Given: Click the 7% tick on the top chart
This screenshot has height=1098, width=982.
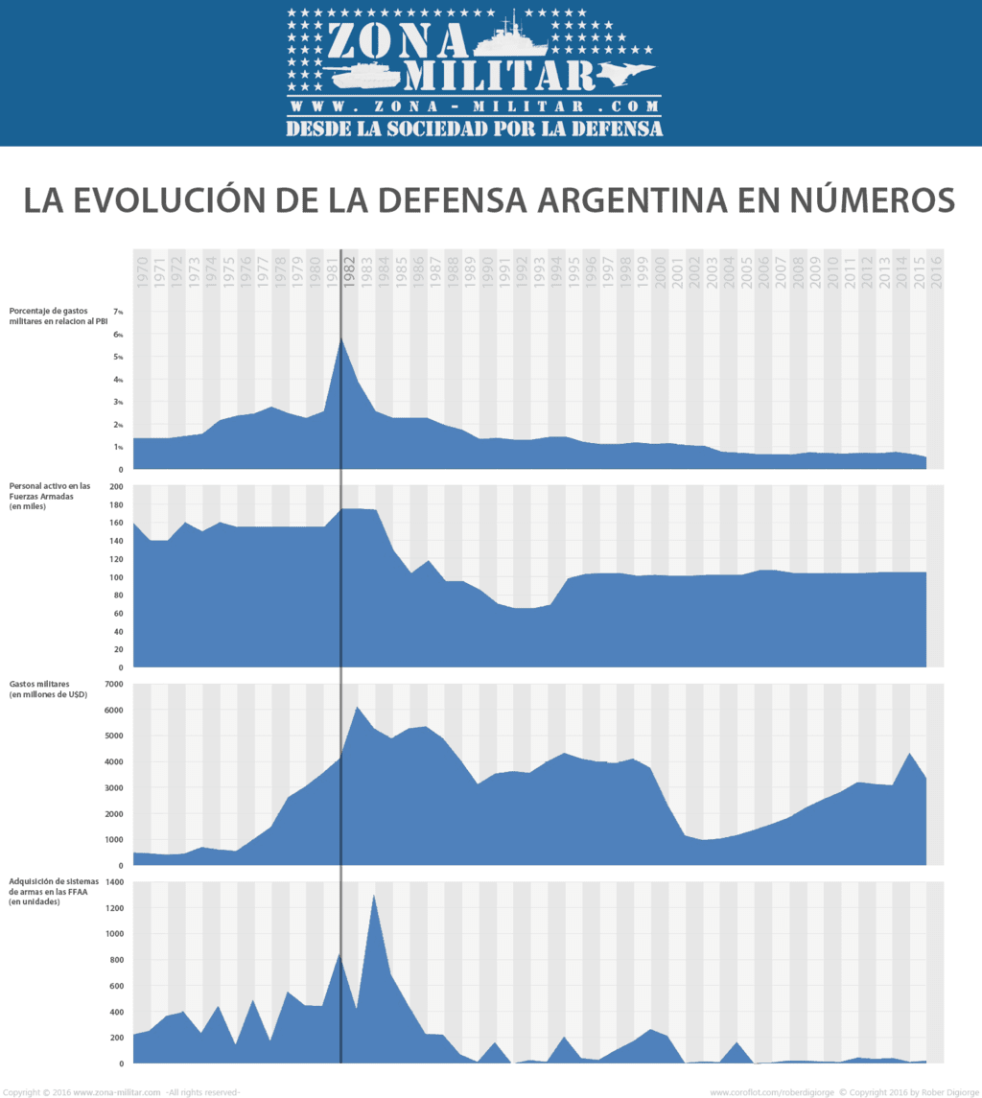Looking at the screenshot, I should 118,312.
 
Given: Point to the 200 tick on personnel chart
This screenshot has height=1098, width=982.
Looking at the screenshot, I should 116,487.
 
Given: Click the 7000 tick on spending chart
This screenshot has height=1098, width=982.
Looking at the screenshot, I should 113,684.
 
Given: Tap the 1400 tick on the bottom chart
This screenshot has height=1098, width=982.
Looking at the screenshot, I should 114,882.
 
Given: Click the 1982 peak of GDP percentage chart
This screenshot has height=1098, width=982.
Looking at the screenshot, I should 341,337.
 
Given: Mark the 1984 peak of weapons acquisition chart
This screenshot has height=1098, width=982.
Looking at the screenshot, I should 374,896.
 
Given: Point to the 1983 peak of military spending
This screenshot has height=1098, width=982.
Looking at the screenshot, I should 357,708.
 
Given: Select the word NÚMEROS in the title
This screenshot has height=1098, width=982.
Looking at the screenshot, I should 863,199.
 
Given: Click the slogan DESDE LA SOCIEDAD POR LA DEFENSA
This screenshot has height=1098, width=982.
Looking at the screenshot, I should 474,128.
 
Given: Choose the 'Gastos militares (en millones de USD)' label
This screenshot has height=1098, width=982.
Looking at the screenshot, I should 48,689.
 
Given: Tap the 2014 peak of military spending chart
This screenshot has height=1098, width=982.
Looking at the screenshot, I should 909,754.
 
